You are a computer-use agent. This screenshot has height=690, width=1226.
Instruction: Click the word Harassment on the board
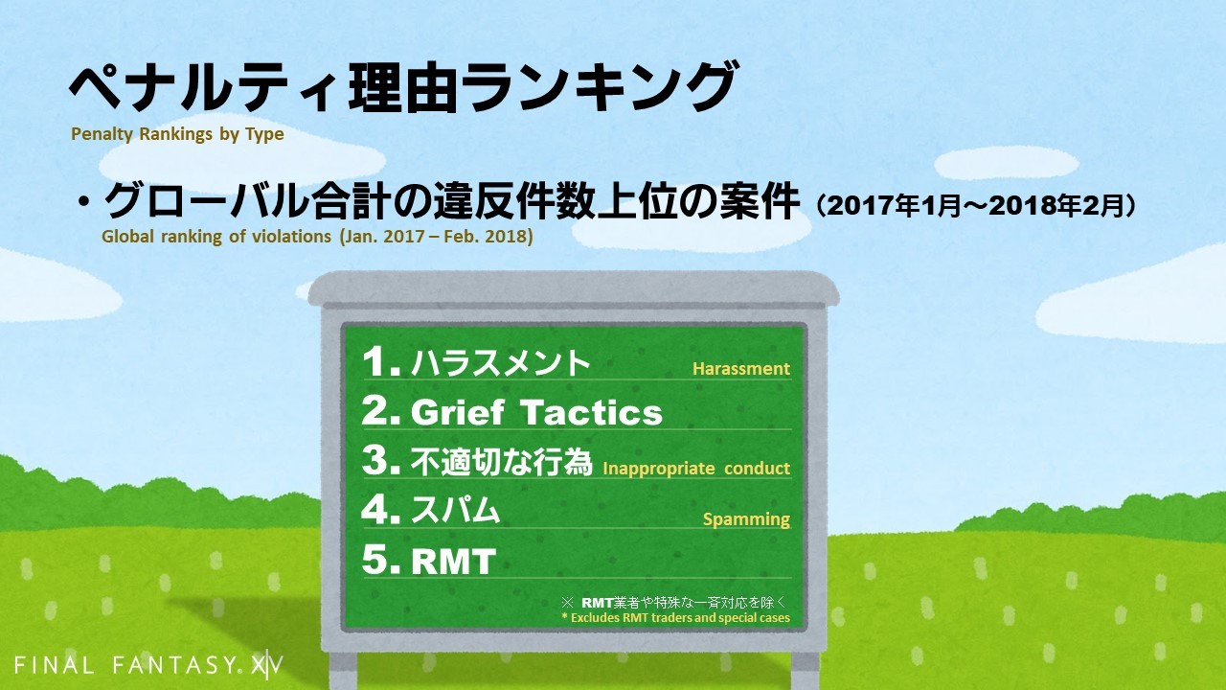741,369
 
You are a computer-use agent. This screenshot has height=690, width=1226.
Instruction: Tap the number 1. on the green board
381,361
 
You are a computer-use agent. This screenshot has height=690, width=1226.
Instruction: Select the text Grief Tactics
536,412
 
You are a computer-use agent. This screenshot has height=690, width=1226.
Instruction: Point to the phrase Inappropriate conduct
696,469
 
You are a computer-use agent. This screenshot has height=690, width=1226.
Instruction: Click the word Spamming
746,519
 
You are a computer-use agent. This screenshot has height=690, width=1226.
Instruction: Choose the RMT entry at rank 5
453,561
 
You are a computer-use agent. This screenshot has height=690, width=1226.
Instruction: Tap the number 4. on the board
381,510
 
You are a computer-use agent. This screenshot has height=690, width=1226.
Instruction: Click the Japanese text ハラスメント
500,362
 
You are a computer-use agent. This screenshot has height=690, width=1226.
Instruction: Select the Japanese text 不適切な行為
501,462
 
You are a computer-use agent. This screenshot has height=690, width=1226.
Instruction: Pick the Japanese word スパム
455,511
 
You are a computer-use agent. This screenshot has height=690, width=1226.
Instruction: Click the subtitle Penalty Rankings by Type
177,134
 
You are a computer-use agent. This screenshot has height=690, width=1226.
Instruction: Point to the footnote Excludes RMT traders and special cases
676,618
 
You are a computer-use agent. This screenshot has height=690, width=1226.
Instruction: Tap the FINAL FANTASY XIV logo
148,665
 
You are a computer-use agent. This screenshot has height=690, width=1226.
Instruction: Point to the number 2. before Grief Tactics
381,411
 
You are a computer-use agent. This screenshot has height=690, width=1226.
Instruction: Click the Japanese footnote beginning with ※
674,603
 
